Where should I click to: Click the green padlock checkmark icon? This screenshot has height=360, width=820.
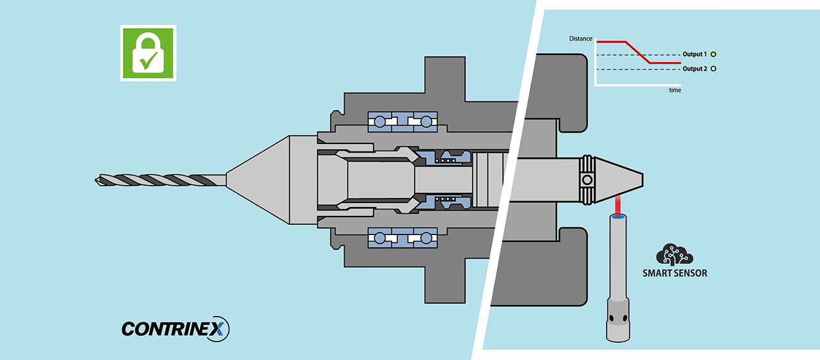pos(148,53)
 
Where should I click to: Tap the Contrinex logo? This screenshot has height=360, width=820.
pos(175,329)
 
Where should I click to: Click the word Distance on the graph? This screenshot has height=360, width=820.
pos(580,39)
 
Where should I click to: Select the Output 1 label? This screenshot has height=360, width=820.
pos(694,54)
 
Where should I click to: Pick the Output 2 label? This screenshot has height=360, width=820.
pos(694,69)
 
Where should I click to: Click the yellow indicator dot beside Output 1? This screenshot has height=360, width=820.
pos(713,54)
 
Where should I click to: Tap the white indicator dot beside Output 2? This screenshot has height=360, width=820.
pos(713,69)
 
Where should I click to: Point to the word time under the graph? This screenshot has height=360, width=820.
pos(675,90)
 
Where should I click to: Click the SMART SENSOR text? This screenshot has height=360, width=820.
pos(675,274)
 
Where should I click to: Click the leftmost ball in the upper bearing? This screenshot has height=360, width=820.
pos(380,121)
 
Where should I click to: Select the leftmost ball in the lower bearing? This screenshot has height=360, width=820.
pos(380,238)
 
